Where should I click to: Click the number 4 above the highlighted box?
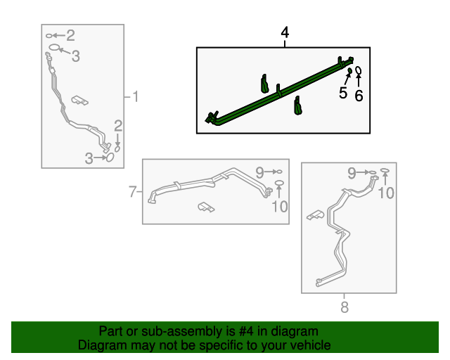coord(285,32)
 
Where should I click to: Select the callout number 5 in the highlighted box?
coord(343,93)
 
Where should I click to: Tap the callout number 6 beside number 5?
coord(359,96)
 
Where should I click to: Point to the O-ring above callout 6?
coord(359,70)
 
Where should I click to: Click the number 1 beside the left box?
coord(136,96)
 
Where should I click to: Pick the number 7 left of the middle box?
coord(132,191)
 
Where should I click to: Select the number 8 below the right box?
coord(344,307)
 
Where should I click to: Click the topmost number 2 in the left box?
coord(70,35)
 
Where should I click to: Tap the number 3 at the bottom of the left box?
coord(89,159)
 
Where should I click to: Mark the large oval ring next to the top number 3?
coord(53,49)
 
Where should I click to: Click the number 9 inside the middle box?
coord(259,172)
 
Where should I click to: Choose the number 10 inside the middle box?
coord(279,206)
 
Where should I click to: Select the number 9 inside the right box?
coord(352,172)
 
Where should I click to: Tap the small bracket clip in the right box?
coord(314,215)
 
